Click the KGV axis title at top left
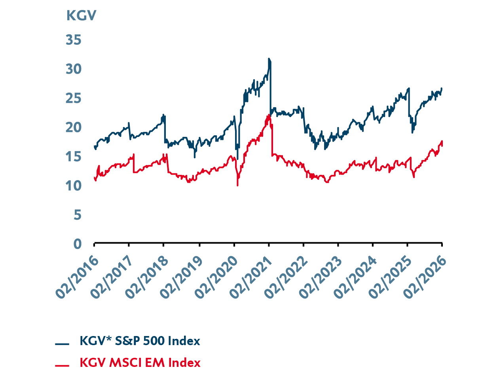click(x=81, y=16)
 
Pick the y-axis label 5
click(x=77, y=215)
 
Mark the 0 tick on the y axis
click(x=77, y=244)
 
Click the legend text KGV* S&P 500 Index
click(x=140, y=341)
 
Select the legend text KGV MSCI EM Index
click(x=140, y=363)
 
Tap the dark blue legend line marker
click(x=62, y=344)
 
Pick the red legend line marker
click(x=62, y=365)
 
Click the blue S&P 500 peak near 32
click(x=269, y=59)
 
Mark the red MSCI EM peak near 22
click(x=269, y=115)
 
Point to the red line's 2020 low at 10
click(x=237, y=185)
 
